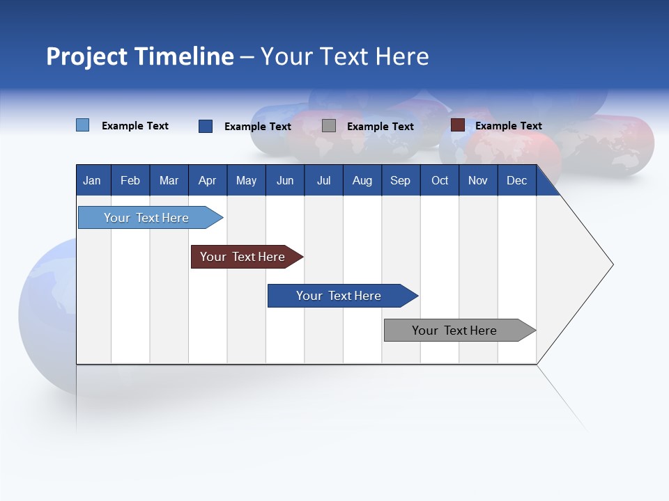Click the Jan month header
pyautogui.click(x=92, y=180)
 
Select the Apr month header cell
pyautogui.click(x=207, y=180)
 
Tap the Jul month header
pyautogui.click(x=323, y=180)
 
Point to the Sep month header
pyautogui.click(x=400, y=180)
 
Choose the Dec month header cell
pyautogui.click(x=516, y=180)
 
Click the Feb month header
pyautogui.click(x=130, y=180)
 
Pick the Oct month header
pyautogui.click(x=440, y=180)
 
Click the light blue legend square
pyautogui.click(x=83, y=125)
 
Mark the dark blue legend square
pyautogui.click(x=206, y=126)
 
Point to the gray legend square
pyautogui.click(x=329, y=126)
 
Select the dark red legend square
pyautogui.click(x=458, y=125)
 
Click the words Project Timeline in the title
pyautogui.click(x=140, y=56)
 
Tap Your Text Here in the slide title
pyautogui.click(x=345, y=56)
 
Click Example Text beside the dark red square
pyautogui.click(x=508, y=126)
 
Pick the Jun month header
pyautogui.click(x=285, y=180)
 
